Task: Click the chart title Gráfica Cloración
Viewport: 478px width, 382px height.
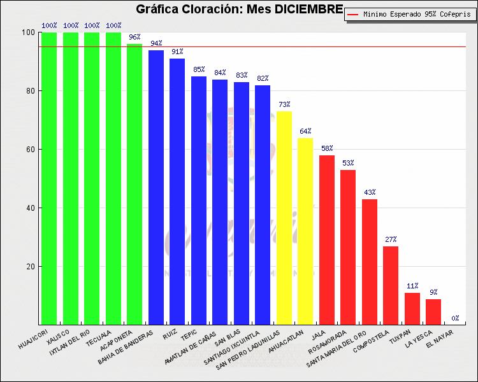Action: (239, 10)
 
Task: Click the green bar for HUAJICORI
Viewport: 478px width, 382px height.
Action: (49, 178)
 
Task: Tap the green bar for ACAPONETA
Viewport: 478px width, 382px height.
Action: (134, 185)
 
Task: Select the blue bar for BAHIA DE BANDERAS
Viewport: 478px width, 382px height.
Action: (156, 187)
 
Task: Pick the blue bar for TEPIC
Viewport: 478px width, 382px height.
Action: (199, 201)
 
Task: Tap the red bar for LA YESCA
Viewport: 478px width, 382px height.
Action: (433, 312)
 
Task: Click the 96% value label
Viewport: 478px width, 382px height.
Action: (134, 37)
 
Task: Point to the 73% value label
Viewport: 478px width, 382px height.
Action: (284, 104)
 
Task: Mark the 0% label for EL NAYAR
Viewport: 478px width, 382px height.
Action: (455, 318)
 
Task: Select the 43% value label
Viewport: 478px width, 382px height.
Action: (370, 192)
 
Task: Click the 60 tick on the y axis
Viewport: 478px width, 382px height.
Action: (30, 150)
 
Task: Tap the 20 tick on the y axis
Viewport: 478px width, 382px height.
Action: (30, 267)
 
